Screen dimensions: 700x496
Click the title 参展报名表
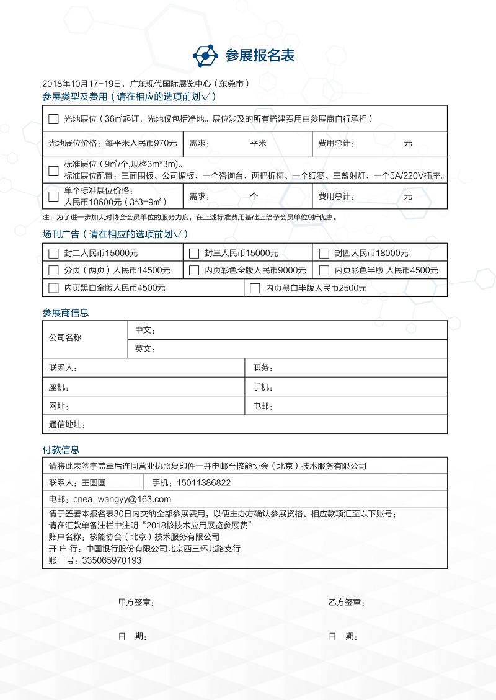tap(260, 56)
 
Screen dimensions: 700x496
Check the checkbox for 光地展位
tap(53, 118)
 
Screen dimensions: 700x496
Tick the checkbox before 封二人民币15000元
tap(53, 253)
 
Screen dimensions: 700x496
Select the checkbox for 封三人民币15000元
tap(194, 253)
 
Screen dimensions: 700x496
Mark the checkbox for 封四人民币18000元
tap(324, 253)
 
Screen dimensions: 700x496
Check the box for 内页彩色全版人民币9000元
tap(194, 270)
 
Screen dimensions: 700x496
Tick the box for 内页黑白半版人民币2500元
tap(254, 288)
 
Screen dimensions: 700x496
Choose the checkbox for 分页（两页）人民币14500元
tap(53, 270)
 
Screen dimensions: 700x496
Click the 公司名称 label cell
tap(65, 338)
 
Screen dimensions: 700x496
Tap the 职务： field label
tap(263, 368)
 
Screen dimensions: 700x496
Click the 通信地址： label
tap(67, 425)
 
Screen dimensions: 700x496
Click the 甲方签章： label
tap(136, 602)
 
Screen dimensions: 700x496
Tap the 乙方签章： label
tap(346, 602)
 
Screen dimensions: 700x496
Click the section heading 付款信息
tap(61, 450)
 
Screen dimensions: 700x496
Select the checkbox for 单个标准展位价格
tap(53, 197)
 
